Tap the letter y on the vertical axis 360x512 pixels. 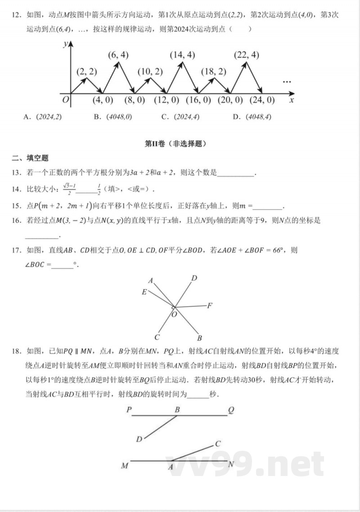66,44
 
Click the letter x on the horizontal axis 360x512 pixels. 292,100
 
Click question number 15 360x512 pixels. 17,206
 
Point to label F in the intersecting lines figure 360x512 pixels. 210,306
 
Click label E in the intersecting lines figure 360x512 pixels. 144,292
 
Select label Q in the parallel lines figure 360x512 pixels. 231,410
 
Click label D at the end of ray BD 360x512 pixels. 139,439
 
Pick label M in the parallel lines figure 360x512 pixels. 125,466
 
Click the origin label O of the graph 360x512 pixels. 66,100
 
